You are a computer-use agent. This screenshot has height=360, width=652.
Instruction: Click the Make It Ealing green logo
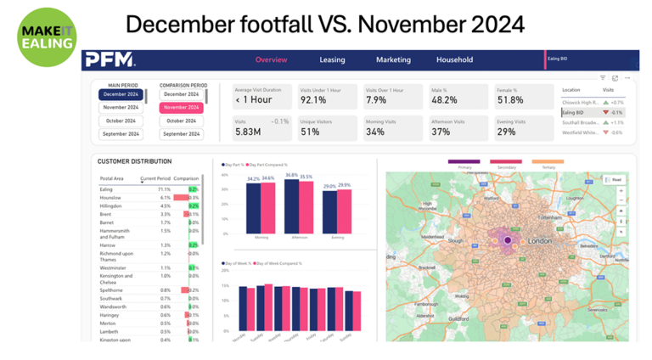click(46, 37)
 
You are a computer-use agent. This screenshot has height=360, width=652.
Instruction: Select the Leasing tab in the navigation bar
click(332, 60)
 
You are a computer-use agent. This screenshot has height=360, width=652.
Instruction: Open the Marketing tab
click(393, 60)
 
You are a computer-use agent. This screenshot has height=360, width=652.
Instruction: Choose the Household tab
click(454, 60)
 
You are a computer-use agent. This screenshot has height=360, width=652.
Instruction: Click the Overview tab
click(271, 60)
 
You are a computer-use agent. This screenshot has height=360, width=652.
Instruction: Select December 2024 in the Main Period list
click(121, 95)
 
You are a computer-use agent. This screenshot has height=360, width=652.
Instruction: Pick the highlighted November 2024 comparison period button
click(182, 108)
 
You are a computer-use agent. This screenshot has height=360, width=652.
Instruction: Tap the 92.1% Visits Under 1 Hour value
click(313, 100)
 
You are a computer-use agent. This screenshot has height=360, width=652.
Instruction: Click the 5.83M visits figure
click(248, 132)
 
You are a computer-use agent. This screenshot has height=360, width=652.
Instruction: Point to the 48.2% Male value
click(444, 100)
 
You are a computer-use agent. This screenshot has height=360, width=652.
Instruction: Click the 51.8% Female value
click(510, 100)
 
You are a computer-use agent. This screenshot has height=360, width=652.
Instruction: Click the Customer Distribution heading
click(134, 161)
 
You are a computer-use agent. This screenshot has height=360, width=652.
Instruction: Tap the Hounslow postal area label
click(111, 198)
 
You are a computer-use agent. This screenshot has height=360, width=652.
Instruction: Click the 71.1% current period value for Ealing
click(164, 189)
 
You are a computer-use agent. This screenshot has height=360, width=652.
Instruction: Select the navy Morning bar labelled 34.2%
click(253, 208)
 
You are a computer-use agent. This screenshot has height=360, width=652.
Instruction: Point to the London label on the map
click(540, 241)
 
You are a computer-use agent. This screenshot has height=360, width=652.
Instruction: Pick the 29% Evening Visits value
click(506, 132)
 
